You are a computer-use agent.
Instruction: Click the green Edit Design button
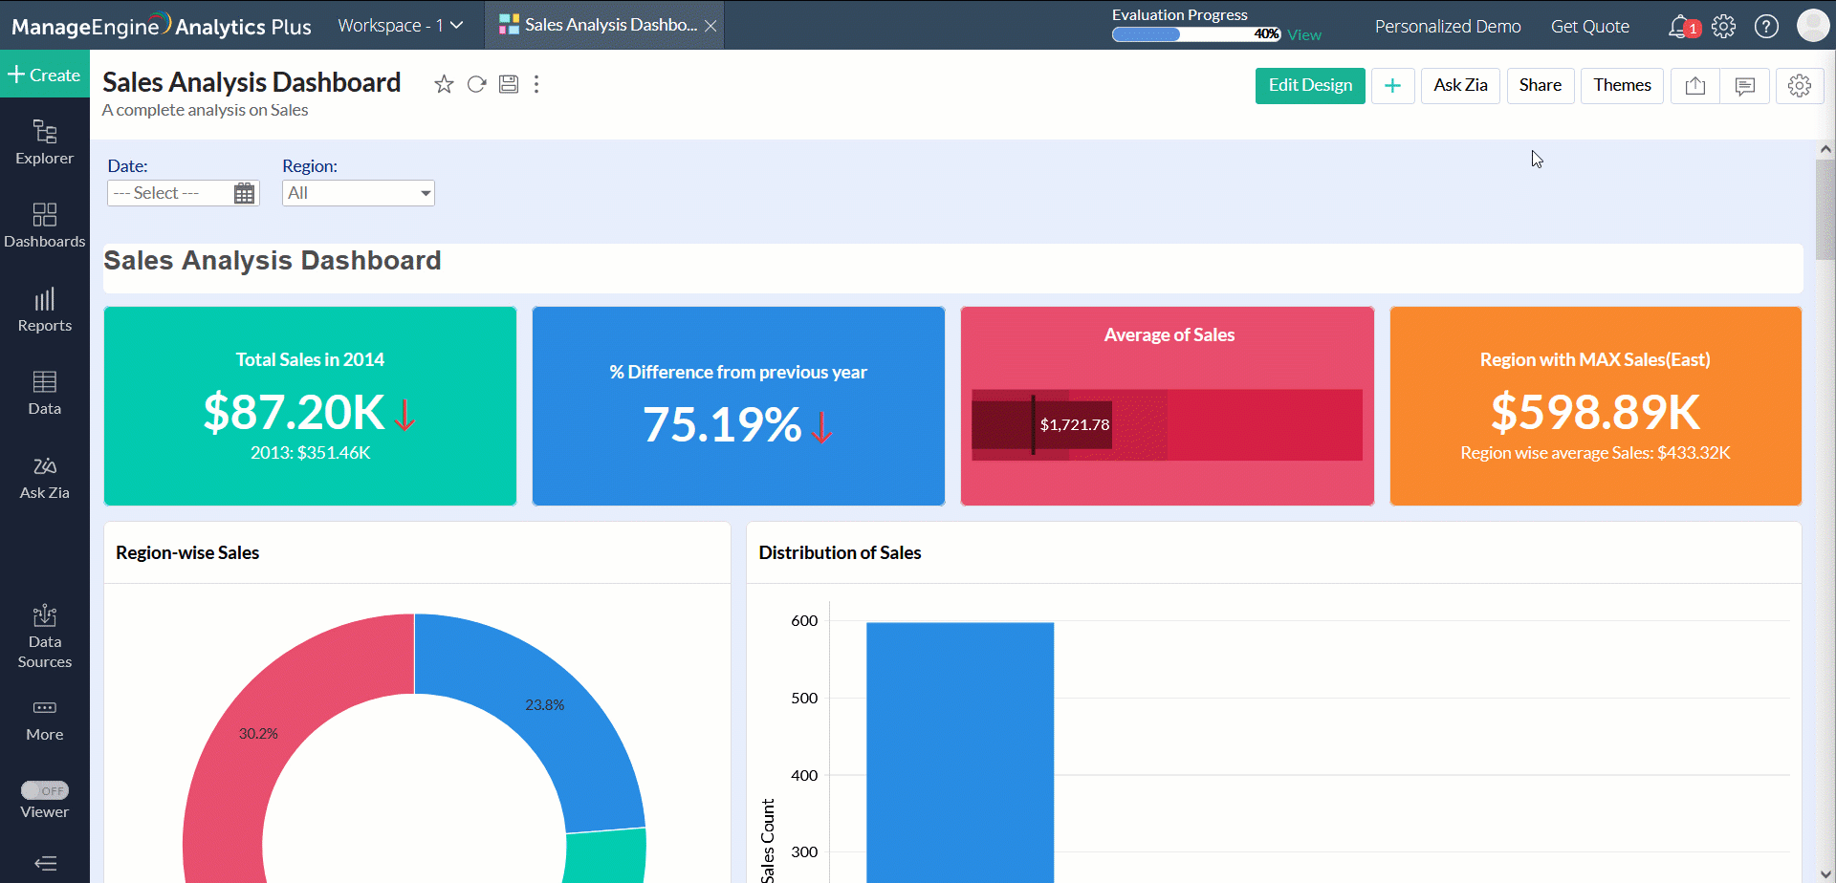[1309, 86]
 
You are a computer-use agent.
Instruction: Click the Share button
[1540, 86]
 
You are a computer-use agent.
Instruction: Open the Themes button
[1621, 86]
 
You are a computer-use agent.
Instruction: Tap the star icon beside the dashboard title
[444, 85]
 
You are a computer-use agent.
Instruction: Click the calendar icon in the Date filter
[245, 194]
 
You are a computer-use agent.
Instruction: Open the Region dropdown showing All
[359, 194]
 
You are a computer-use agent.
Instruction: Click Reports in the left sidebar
[45, 310]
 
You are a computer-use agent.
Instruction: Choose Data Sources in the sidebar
[45, 635]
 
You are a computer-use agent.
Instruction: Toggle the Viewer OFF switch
[45, 790]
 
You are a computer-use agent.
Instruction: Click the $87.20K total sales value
[295, 413]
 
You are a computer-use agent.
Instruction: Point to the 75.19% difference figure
[722, 425]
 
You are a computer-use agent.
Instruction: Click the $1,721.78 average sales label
[1075, 425]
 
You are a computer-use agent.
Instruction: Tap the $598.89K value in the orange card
[1595, 413]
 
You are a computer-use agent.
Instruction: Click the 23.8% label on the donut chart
[544, 705]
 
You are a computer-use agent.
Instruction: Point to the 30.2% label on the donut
[258, 734]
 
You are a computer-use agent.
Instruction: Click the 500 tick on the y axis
[804, 699]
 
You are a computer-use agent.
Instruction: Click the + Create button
[45, 75]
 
